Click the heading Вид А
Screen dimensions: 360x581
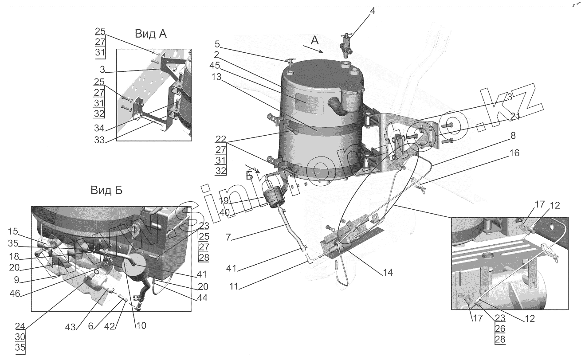[151, 34]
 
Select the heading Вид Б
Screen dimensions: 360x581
[106, 191]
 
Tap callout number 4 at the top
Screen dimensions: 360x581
[373, 11]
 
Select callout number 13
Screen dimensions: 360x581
[216, 77]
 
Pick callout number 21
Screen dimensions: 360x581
[514, 116]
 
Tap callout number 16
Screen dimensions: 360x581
[514, 153]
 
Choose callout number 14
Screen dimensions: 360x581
[387, 272]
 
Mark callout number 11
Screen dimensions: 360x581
[234, 286]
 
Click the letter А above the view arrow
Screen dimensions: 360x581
[314, 40]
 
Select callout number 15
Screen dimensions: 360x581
[13, 231]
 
